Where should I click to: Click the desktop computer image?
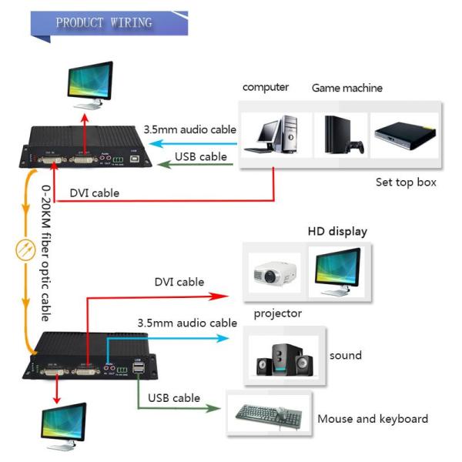(x=276, y=136)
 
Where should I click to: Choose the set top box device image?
(x=405, y=134)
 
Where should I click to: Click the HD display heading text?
(x=337, y=231)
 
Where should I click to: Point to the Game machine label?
(x=346, y=88)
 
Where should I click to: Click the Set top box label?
(x=406, y=182)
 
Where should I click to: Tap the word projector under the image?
(x=278, y=313)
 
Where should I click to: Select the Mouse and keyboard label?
(x=372, y=419)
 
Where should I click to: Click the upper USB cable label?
(x=201, y=157)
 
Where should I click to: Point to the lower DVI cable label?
(x=179, y=282)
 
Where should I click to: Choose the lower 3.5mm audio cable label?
(x=186, y=323)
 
